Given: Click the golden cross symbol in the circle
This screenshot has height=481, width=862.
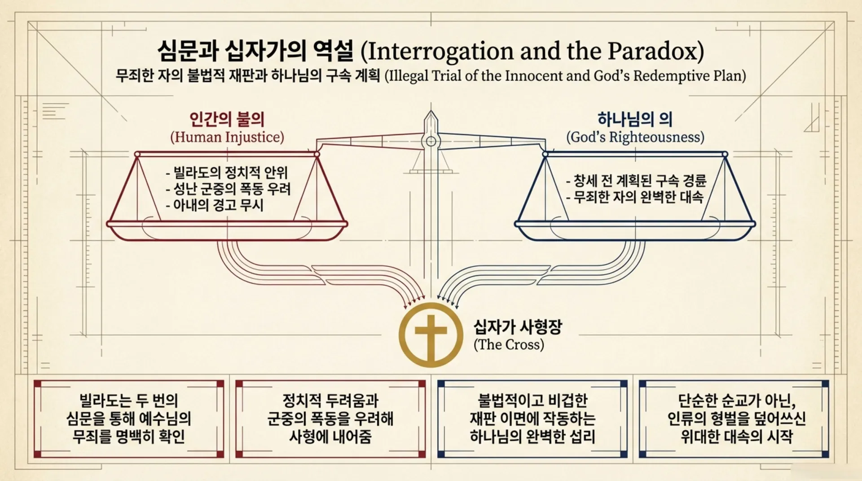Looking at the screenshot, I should click(x=431, y=335).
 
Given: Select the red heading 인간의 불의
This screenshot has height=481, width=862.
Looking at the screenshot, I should click(x=227, y=119).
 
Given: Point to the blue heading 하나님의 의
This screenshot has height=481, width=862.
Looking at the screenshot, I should click(x=635, y=119).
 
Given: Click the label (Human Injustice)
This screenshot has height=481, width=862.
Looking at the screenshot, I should click(x=227, y=137).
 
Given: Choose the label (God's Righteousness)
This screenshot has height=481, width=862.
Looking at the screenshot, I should click(x=635, y=137).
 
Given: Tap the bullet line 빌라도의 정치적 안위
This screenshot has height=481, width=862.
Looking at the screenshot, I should click(x=227, y=172).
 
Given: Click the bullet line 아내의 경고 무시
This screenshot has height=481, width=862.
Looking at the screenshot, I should click(x=215, y=205).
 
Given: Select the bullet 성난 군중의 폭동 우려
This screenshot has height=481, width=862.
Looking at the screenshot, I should click(x=228, y=189).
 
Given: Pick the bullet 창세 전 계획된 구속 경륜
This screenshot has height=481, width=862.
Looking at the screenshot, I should click(x=636, y=181).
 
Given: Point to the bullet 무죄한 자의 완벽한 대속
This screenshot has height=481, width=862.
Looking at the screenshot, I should click(x=634, y=197).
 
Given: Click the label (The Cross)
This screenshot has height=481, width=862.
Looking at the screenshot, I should click(x=509, y=344).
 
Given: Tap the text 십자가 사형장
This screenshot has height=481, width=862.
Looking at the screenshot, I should click(x=518, y=327).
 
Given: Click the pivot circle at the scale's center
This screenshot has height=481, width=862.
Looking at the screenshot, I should click(x=431, y=141).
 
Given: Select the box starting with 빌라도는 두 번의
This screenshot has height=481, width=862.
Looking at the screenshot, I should click(x=129, y=419).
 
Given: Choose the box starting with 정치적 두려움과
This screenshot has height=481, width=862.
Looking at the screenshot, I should click(x=330, y=419).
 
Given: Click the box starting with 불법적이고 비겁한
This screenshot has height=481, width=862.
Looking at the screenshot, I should click(x=532, y=419).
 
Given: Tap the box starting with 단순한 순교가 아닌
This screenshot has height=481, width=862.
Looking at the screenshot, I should click(x=734, y=419).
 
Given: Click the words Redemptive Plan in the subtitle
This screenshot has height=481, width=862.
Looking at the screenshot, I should click(x=689, y=76).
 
